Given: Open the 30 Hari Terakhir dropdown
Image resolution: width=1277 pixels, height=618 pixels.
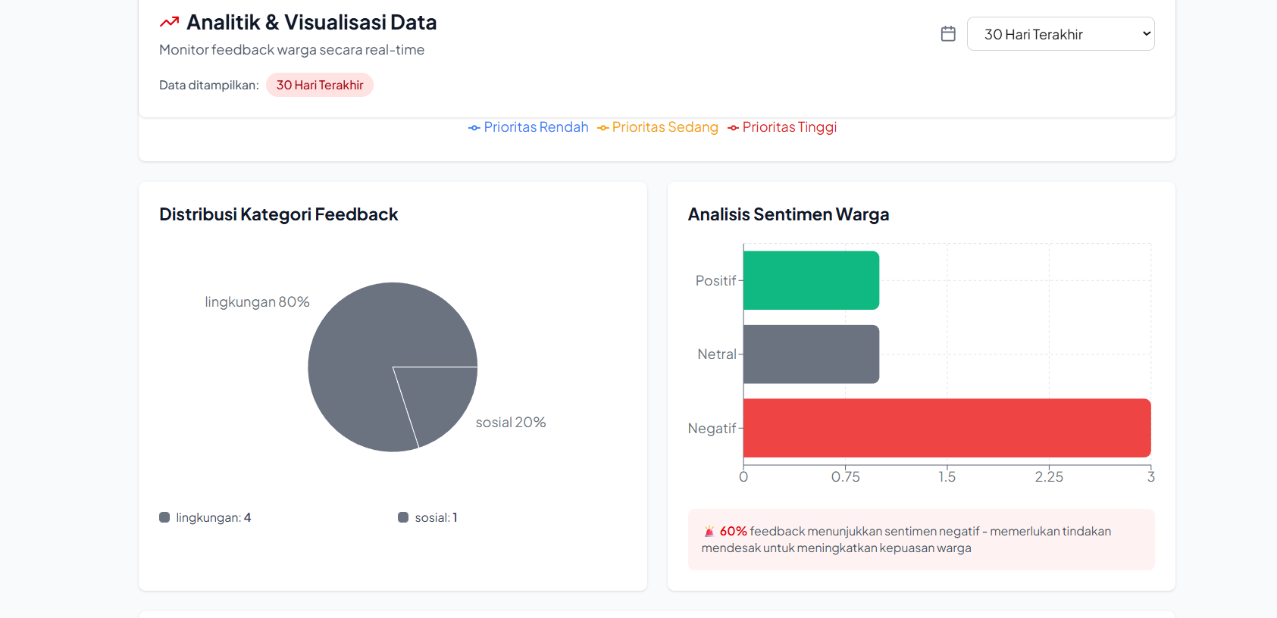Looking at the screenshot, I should [x=1059, y=34].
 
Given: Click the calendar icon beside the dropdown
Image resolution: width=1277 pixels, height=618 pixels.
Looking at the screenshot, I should [x=948, y=34].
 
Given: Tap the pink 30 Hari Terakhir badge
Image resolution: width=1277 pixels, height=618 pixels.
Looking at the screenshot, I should [x=319, y=85].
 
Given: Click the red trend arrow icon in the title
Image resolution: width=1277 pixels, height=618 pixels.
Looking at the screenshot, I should [x=169, y=23].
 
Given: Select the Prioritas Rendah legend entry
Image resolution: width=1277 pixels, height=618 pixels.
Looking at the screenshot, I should [x=528, y=127].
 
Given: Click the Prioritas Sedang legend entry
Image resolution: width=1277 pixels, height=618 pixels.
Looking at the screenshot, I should [x=658, y=127].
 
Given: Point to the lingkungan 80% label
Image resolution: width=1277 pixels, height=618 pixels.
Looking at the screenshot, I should [x=257, y=302].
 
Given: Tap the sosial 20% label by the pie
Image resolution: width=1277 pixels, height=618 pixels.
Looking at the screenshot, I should [x=510, y=423].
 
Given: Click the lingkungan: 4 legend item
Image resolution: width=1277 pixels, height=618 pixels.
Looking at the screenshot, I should [x=205, y=518].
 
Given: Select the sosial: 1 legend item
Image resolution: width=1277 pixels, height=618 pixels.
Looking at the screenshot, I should [x=428, y=518].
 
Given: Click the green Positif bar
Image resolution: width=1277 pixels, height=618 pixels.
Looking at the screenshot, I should [x=811, y=280].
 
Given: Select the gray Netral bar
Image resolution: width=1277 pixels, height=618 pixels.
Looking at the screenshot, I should [x=811, y=354].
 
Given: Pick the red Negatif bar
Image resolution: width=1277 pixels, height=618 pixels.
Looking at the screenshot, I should [x=947, y=428].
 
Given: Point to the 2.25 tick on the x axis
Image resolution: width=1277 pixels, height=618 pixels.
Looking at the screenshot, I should [x=1049, y=477].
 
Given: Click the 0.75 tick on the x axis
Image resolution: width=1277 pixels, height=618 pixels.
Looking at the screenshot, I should [x=845, y=477].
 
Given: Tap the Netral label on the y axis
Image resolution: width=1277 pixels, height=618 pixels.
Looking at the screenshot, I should [x=716, y=354].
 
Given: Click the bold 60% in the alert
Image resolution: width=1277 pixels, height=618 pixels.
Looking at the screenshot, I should [x=733, y=532].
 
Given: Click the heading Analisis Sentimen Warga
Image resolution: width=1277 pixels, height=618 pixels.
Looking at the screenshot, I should [x=788, y=214].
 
